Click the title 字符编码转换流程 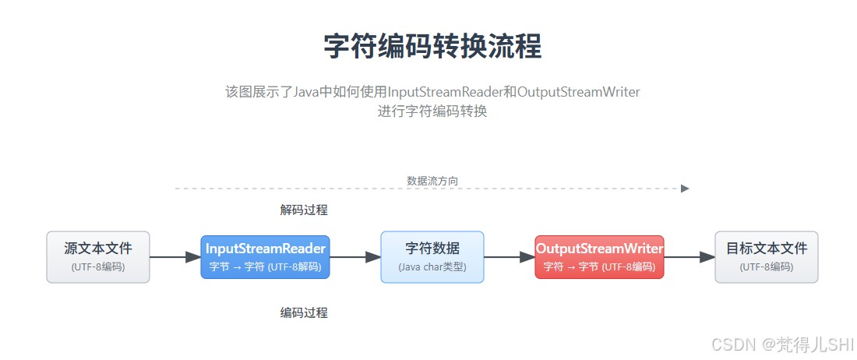coord(432,47)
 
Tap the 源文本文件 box coord(98,256)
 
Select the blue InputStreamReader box coord(265,256)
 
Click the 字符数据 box coord(432,256)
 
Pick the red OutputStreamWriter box coord(599,256)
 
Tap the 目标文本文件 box coord(767,256)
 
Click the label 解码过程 coord(304,210)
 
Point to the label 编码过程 coord(304,312)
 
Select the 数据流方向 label coord(432,181)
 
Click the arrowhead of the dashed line coord(685,189)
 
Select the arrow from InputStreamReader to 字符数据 coord(354,256)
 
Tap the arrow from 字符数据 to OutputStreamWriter coord(510,256)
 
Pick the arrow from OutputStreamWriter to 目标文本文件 coord(689,256)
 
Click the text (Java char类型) coord(432,266)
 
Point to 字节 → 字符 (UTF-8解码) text coord(265,266)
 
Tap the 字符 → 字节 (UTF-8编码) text coord(599,266)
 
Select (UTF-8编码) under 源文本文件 coord(98,266)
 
